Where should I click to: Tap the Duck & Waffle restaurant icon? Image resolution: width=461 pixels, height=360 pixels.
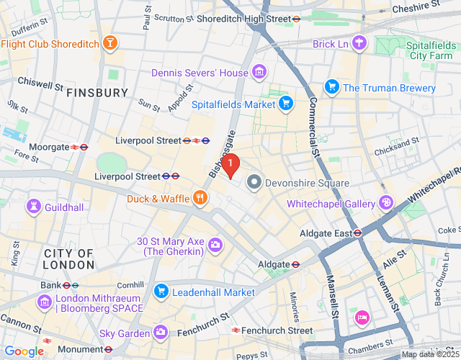[200, 198]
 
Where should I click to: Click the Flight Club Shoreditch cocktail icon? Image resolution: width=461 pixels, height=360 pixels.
[110, 43]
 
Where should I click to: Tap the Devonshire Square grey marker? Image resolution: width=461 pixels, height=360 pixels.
[254, 183]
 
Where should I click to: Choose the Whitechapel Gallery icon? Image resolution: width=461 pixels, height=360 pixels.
[387, 204]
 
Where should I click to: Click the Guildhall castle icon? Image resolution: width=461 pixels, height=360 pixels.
[32, 207]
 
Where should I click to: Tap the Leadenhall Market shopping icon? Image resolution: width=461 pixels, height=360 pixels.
[161, 292]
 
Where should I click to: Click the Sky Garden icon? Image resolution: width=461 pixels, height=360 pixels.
[161, 333]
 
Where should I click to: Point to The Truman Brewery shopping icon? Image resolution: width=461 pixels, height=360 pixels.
[331, 88]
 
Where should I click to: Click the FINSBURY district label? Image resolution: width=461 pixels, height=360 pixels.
[97, 93]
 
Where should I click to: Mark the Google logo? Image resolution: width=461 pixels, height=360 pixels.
[24, 351]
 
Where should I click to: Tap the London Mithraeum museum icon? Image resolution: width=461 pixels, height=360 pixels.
[45, 302]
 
